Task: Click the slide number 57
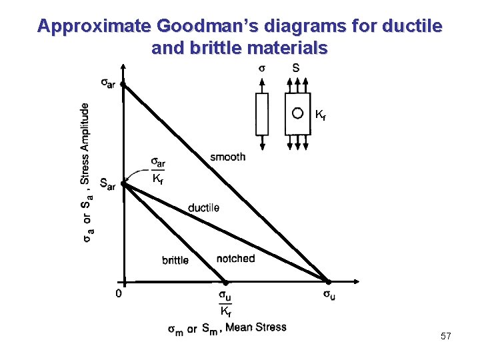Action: click(446, 337)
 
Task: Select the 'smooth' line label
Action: click(227, 157)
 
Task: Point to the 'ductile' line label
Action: click(203, 208)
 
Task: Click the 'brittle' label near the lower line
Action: click(175, 260)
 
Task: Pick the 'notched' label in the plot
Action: click(235, 258)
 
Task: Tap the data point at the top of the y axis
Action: click(123, 85)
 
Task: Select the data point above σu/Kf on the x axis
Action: click(225, 282)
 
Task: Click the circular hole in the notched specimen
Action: click(298, 113)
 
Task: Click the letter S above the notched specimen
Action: click(296, 68)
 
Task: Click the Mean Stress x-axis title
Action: click(227, 328)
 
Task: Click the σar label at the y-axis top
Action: click(108, 82)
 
